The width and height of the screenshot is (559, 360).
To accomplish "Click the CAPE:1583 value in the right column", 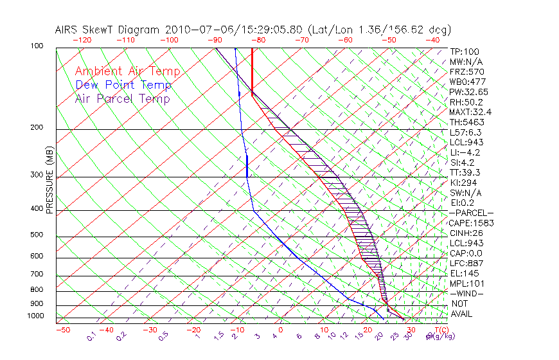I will [470, 223].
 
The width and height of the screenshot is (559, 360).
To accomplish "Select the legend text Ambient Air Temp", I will [127, 71].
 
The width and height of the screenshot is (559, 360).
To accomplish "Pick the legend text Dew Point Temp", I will [123, 85].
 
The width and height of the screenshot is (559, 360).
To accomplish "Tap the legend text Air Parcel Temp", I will [122, 98].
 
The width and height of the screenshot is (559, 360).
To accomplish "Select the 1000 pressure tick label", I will [36, 316].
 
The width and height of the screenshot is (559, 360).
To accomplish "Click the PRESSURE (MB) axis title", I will [48, 183].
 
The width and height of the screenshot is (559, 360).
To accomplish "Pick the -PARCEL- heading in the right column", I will [471, 213].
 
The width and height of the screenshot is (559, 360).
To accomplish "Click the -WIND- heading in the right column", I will [467, 293].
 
